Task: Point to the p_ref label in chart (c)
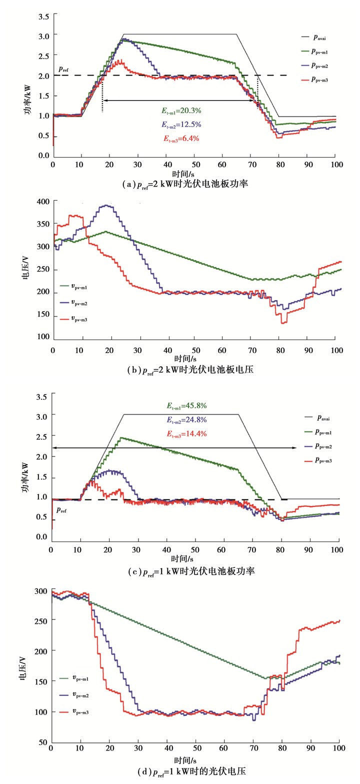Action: point(61,509)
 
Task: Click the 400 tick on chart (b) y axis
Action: point(42,201)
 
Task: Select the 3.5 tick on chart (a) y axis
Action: point(43,16)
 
